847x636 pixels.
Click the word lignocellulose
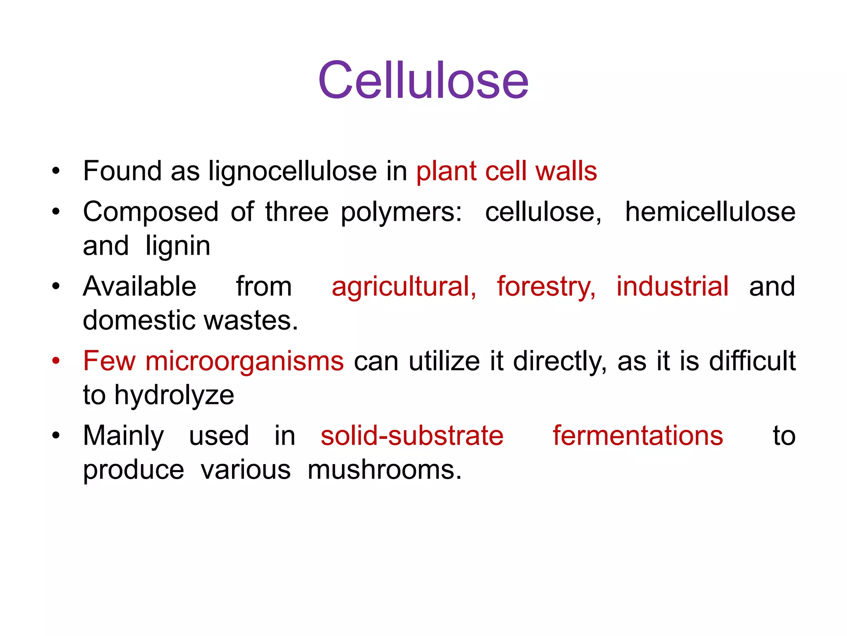pos(292,171)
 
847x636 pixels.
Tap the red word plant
pos(446,171)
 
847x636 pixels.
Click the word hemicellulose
pos(710,212)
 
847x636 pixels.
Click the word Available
pos(139,286)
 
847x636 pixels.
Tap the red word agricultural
pos(404,287)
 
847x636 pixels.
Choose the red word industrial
pos(672,286)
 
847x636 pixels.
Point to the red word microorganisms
pos(244,361)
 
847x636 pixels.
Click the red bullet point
pos(56,360)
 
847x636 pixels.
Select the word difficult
pos(752,361)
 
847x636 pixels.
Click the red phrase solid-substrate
pos(412,436)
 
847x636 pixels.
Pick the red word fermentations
pos(638,436)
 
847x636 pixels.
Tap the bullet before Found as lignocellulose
pos(56,171)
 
